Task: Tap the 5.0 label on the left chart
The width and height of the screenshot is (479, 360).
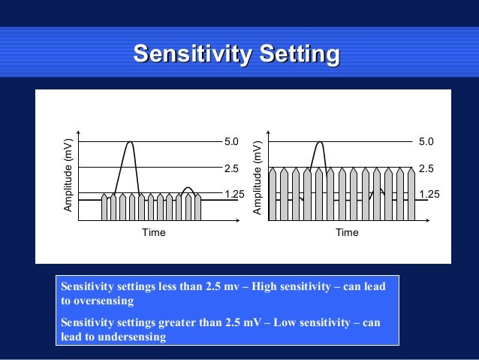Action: pyautogui.click(x=231, y=141)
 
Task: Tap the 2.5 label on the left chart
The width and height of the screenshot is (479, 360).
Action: pyautogui.click(x=231, y=168)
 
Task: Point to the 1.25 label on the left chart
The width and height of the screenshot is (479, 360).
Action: pyautogui.click(x=234, y=194)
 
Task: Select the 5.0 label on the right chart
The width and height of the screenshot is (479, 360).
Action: pyautogui.click(x=426, y=141)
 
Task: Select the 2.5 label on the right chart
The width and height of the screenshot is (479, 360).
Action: pyautogui.click(x=426, y=168)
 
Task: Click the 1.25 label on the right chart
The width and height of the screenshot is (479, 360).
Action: pyautogui.click(x=429, y=194)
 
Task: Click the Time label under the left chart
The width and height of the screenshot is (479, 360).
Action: pyautogui.click(x=153, y=233)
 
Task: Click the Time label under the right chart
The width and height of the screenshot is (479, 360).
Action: pyautogui.click(x=347, y=233)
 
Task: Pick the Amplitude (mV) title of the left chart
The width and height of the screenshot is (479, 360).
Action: pyautogui.click(x=68, y=174)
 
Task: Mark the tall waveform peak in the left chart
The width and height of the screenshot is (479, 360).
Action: pyautogui.click(x=131, y=143)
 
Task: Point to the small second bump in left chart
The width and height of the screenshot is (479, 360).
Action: pyautogui.click(x=188, y=189)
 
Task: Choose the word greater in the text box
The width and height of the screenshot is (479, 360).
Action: pyautogui.click(x=178, y=323)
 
